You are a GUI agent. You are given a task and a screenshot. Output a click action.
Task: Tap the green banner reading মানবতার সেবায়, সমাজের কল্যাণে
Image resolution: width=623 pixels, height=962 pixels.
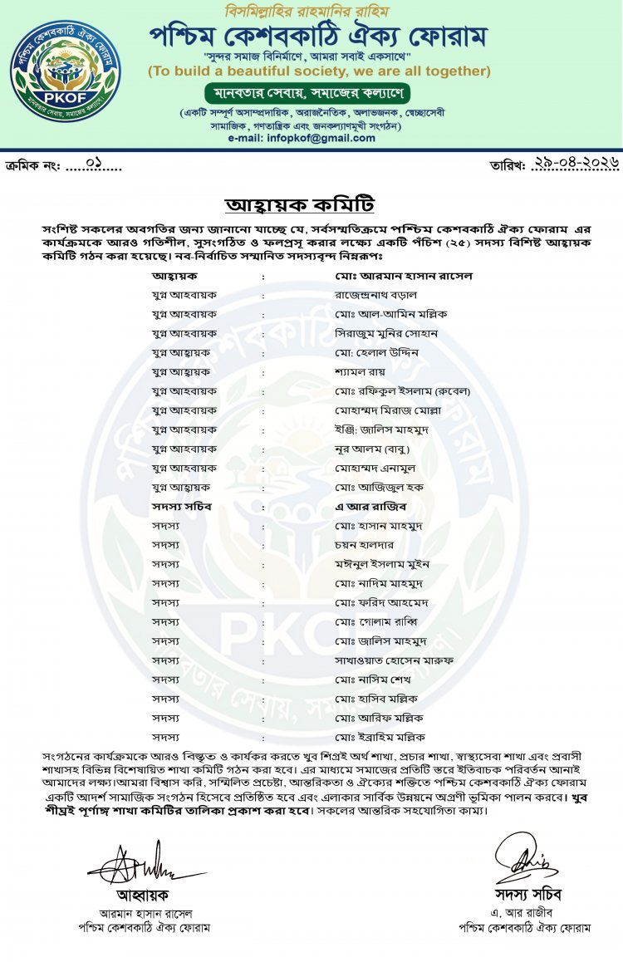coord(319,91)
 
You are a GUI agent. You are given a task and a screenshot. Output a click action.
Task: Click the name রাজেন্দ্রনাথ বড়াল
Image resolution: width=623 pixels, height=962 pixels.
coord(375,294)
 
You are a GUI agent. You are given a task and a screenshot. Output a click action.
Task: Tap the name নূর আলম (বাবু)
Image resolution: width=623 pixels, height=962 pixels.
coord(373,449)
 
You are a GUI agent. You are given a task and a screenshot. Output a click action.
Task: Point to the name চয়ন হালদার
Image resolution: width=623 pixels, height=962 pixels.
coord(365,545)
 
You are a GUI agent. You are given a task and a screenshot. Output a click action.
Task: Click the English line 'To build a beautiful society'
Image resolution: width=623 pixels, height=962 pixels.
coord(319,71)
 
